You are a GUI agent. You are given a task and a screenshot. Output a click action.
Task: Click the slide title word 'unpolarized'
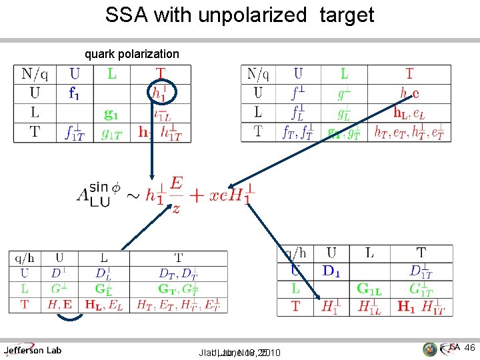[254, 15]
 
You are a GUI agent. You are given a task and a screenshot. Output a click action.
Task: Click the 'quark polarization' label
[131, 53]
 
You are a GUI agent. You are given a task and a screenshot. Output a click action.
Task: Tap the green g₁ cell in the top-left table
[111, 113]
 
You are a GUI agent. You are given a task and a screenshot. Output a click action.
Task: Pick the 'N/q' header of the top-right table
[258, 73]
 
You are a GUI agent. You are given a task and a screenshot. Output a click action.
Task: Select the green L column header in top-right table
[344, 73]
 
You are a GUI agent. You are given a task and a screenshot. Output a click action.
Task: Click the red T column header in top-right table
[409, 73]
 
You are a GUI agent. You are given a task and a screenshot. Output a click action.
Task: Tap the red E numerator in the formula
[176, 182]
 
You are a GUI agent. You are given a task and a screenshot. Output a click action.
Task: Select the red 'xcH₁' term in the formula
[233, 195]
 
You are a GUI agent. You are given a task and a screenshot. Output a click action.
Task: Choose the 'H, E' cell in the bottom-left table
[61, 305]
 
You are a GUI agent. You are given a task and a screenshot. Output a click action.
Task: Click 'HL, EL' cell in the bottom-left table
[103, 305]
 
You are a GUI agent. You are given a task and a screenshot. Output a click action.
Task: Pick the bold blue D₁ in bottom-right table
[337, 270]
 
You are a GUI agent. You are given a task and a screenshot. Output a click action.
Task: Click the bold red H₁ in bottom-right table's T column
[406, 307]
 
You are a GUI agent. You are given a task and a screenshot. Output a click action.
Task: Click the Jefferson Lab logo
[33, 349]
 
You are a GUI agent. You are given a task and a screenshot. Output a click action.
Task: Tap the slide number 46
[469, 347]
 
